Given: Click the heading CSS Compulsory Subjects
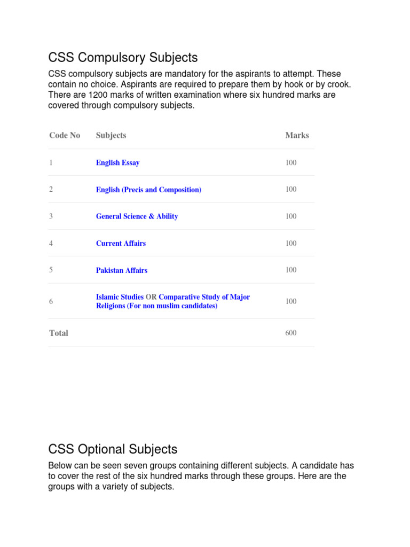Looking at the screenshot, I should click(123, 57).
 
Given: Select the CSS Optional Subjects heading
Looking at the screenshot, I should click(113, 449).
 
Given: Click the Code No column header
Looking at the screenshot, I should click(65, 136).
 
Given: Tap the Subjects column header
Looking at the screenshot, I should click(111, 136).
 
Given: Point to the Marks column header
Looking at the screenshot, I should click(297, 136).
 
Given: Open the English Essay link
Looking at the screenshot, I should click(117, 163).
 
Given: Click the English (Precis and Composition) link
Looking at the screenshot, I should click(148, 190).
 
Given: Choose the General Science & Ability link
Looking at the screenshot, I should click(137, 216).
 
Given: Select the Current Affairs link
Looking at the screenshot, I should click(121, 244).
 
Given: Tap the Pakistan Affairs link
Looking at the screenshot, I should click(121, 270).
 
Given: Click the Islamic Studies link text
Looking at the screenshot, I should click(120, 297).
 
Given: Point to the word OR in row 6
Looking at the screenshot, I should click(151, 297).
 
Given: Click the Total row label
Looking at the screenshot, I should click(59, 333).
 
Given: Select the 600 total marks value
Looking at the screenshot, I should click(291, 333).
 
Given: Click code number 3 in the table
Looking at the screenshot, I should click(51, 216).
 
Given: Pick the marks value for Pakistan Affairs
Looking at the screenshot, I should click(291, 270).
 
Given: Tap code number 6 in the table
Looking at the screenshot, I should click(51, 302).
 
